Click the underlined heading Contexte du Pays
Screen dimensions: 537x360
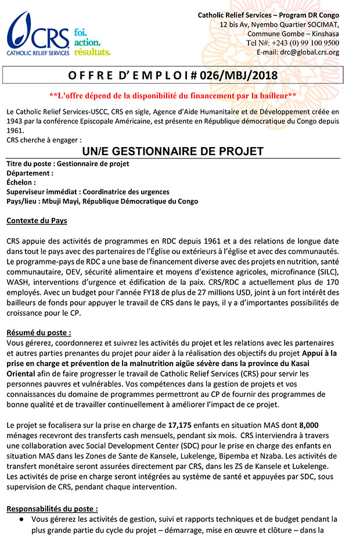(37, 221)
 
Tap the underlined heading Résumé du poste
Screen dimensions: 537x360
(39, 333)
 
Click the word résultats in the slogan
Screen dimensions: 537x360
(92, 52)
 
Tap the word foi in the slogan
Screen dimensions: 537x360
(80, 31)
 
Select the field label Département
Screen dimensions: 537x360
(30, 173)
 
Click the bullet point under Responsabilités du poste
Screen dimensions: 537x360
(21, 519)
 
